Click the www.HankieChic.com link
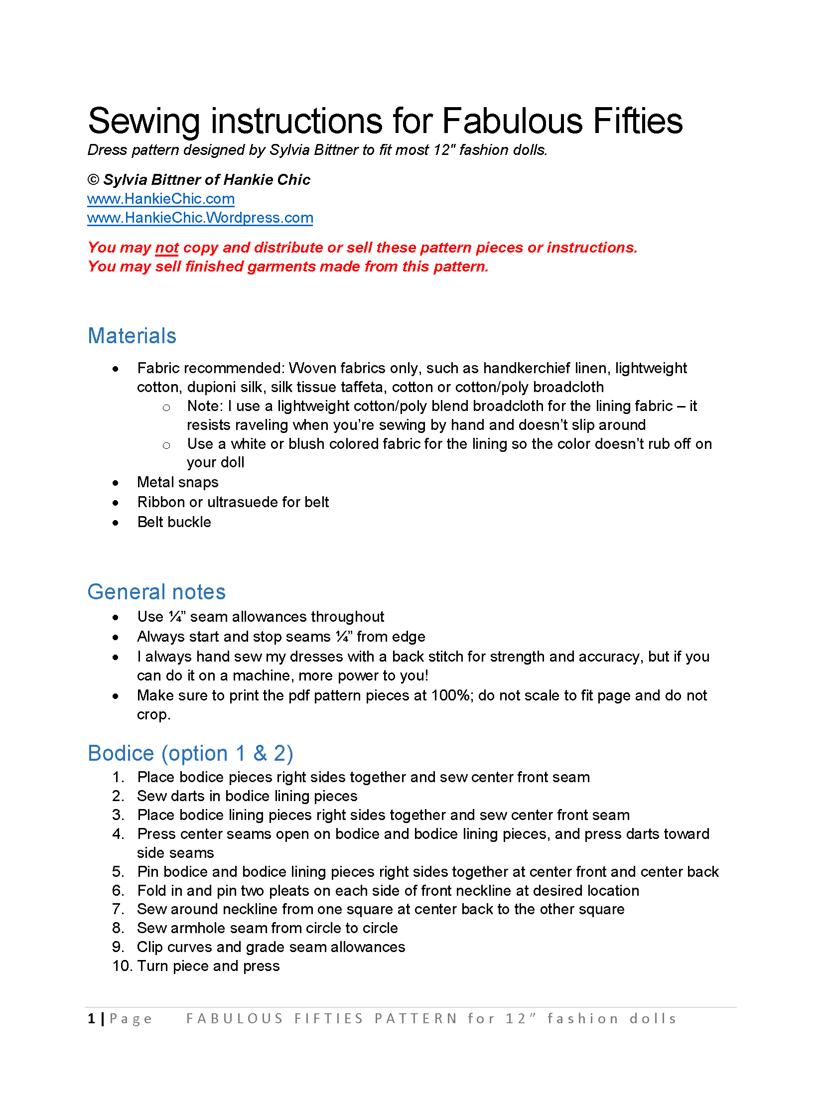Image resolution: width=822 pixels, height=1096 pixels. point(160,199)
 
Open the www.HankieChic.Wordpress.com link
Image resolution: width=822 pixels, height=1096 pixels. point(200,218)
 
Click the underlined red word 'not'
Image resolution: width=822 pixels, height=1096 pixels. point(166,248)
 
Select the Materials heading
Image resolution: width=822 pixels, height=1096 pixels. point(132,336)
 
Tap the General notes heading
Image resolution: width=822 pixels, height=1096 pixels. point(156,592)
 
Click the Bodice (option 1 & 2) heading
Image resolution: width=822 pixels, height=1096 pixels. point(190,753)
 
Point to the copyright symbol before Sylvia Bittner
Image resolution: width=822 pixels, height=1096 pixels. point(93,180)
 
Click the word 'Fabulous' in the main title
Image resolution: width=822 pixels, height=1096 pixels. point(512,121)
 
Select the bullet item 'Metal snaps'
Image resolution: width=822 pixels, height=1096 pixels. point(177,482)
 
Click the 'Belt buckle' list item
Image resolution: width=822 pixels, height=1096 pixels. point(174,522)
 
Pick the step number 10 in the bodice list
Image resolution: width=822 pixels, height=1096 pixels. point(122,966)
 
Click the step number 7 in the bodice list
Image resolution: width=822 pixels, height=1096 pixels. point(118,909)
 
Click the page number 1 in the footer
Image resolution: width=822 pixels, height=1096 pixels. point(92,1018)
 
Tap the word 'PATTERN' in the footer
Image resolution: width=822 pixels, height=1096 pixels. point(416,1018)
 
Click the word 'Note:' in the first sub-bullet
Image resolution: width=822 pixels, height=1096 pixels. point(205,406)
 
